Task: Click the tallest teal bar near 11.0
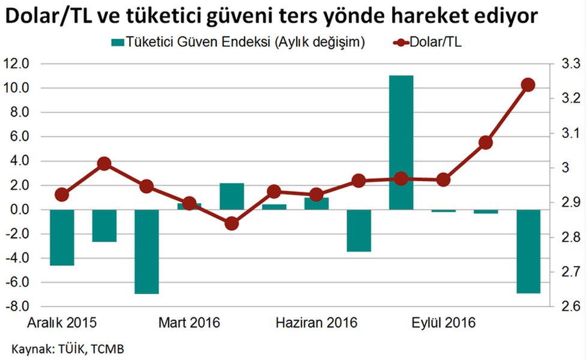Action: pos(401,142)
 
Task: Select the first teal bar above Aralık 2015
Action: pos(62,237)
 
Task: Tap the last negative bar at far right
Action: pos(528,251)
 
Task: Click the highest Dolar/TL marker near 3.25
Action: pos(528,85)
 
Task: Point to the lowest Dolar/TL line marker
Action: pos(232,224)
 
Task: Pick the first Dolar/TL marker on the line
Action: pos(62,194)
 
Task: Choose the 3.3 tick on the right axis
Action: pos(569,64)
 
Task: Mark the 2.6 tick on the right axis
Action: pos(569,307)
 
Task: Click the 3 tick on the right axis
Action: pos(565,167)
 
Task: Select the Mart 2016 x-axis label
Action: pos(189,323)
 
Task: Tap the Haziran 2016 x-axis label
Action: pos(316,323)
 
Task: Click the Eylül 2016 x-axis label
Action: pos(443,323)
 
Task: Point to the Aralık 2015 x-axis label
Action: pos(62,323)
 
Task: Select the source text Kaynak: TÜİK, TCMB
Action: pos(68,348)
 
